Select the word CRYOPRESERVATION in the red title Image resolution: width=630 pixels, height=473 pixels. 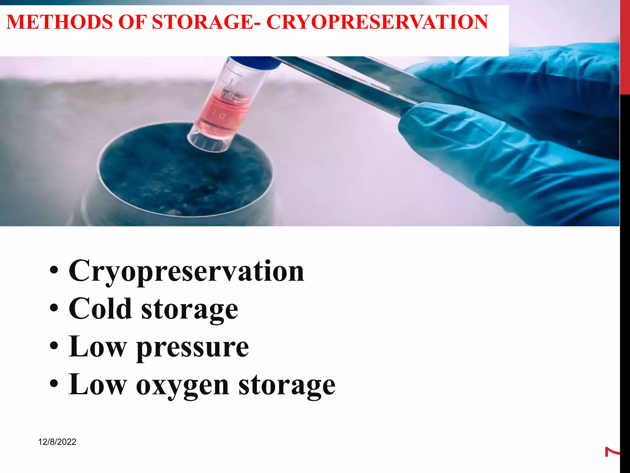coord(377,22)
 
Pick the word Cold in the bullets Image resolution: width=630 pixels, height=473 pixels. coord(100,309)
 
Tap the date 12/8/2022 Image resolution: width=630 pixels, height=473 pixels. coord(57,442)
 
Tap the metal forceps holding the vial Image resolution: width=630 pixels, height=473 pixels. coord(354,80)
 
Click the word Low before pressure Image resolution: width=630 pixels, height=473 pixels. coord(98,347)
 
